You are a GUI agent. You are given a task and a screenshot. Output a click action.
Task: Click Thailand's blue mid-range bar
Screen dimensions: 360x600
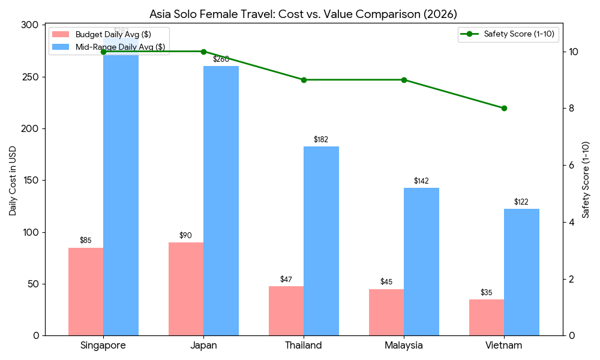(321, 241)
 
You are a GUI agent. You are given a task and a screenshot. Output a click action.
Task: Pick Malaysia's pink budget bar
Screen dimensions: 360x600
(386, 312)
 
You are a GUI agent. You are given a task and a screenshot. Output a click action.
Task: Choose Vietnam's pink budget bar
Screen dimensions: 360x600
(487, 317)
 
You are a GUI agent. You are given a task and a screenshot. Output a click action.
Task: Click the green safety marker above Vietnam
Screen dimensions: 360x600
(504, 109)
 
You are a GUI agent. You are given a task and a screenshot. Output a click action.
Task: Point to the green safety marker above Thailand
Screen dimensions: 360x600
(304, 80)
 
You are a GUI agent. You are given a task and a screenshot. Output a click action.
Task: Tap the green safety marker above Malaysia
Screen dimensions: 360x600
(404, 80)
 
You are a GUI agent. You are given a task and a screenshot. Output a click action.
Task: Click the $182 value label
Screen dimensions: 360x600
(321, 140)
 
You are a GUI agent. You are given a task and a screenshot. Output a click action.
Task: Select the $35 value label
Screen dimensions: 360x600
(487, 293)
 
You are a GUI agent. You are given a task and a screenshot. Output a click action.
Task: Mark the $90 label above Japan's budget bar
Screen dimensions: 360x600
(186, 236)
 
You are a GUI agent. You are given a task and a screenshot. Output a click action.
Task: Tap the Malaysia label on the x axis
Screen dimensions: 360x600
(404, 346)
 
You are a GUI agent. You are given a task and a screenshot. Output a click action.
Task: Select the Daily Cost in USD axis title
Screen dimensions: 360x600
(13, 180)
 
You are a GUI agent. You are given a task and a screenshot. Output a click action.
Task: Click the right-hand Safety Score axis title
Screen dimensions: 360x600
(586, 180)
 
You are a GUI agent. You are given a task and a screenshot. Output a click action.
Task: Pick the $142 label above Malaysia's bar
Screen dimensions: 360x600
(421, 181)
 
